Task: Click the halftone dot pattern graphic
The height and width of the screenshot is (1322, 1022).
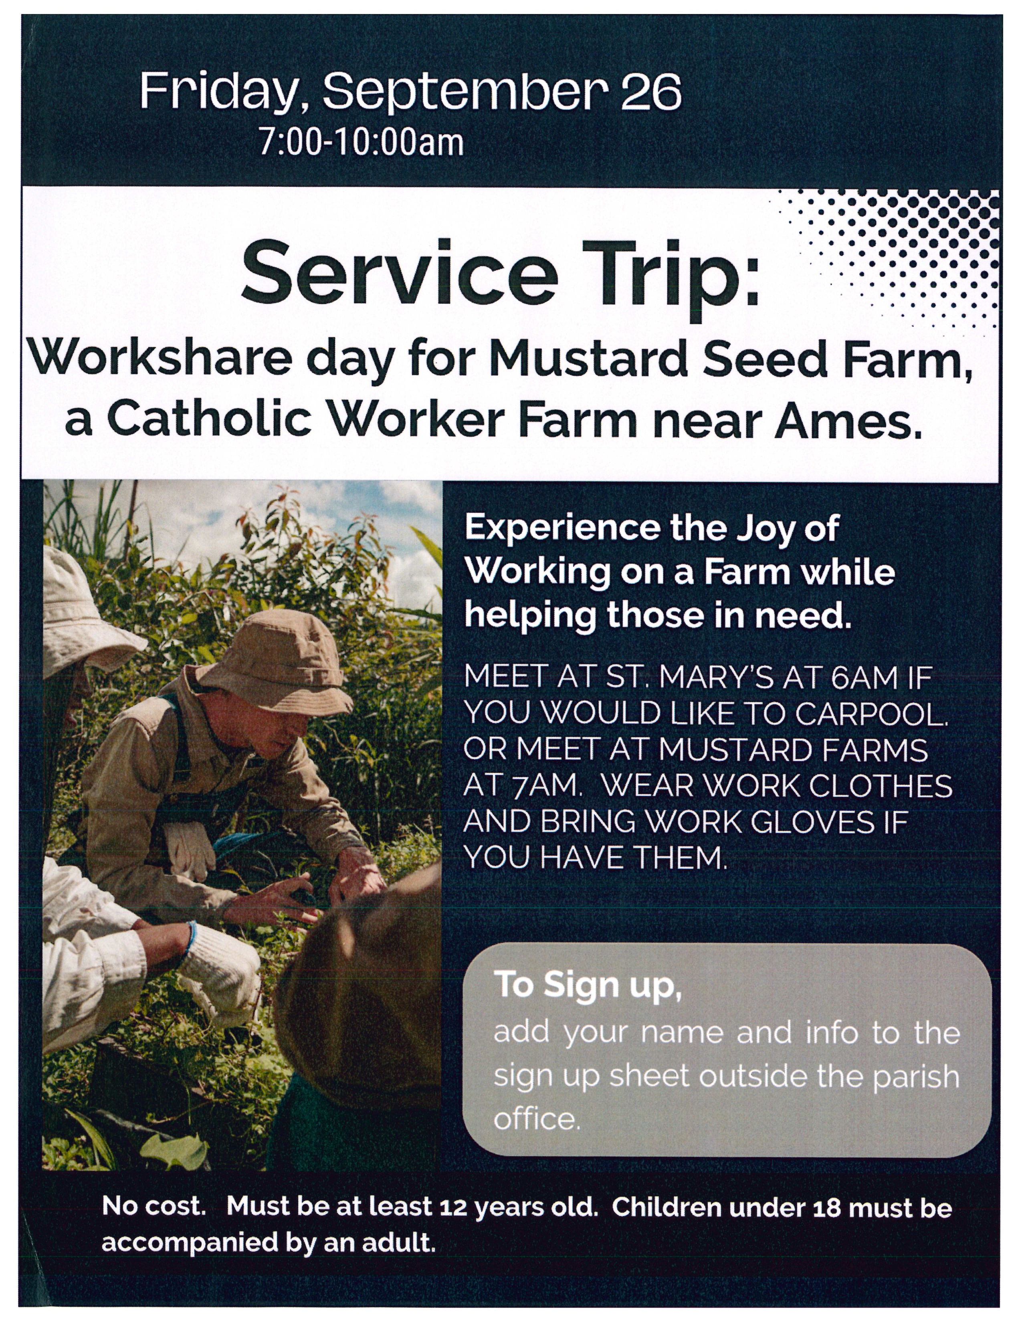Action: pyautogui.click(x=896, y=260)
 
